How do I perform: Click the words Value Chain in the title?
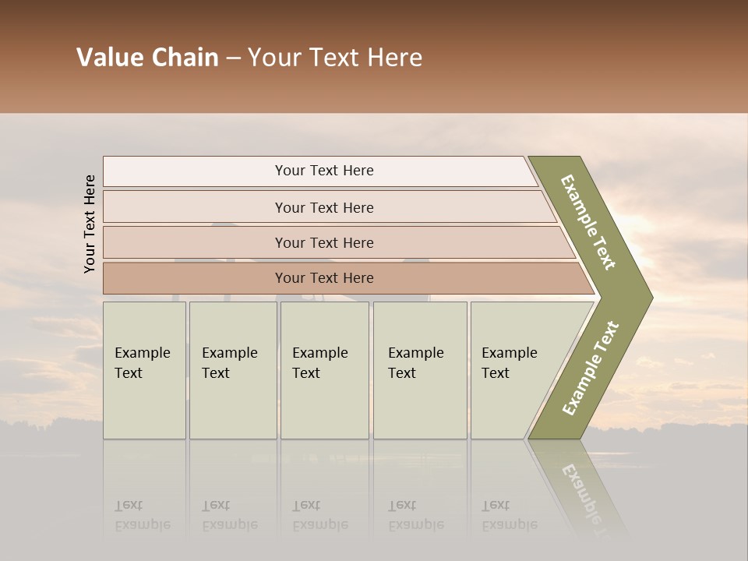(x=147, y=58)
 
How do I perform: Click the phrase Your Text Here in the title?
(x=335, y=58)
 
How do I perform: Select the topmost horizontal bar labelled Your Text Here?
(x=324, y=171)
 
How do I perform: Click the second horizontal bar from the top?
(x=324, y=207)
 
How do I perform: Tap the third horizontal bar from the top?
(x=324, y=242)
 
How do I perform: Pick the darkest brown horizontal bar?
(x=324, y=278)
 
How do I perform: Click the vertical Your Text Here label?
(x=90, y=224)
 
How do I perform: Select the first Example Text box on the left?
(x=144, y=370)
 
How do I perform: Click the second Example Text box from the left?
(x=232, y=370)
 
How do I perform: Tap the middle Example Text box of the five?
(x=324, y=370)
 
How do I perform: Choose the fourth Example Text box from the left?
(x=419, y=370)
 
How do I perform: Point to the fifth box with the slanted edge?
(x=514, y=370)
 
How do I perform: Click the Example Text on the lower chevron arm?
(x=590, y=369)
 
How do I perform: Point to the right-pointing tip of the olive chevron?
(x=648, y=297)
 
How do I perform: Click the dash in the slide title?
(x=232, y=58)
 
